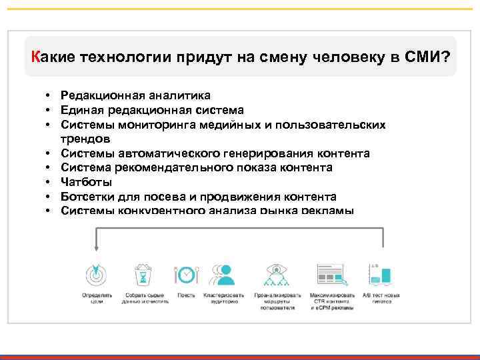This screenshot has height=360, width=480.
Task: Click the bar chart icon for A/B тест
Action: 380,273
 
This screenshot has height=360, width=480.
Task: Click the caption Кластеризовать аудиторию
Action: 225,297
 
